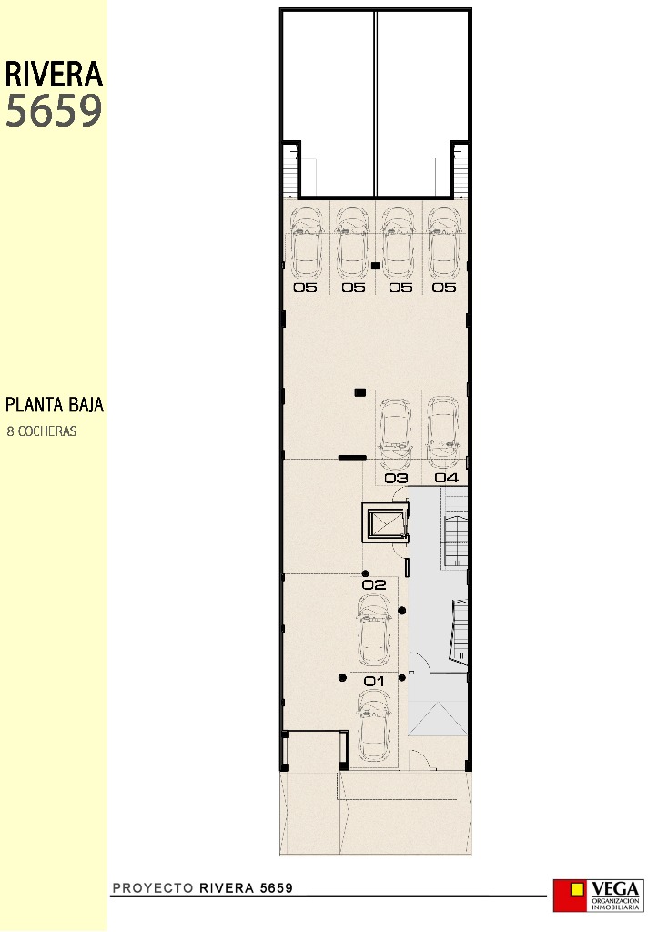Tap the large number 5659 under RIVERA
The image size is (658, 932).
click(x=54, y=111)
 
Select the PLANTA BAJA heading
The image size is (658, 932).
click(x=55, y=405)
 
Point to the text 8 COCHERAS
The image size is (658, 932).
click(x=42, y=431)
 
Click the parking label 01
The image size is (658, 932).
click(x=375, y=681)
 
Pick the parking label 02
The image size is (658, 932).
click(x=375, y=585)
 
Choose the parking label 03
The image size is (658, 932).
click(x=396, y=478)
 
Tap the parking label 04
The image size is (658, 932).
click(x=446, y=478)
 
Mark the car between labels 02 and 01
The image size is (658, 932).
click(x=375, y=633)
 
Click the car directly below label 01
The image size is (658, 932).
click(x=375, y=726)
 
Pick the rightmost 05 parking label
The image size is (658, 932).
click(x=444, y=288)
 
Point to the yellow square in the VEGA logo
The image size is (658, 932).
click(x=576, y=890)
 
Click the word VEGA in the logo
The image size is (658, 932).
click(x=617, y=887)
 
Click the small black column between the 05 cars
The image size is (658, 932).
click(x=375, y=266)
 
